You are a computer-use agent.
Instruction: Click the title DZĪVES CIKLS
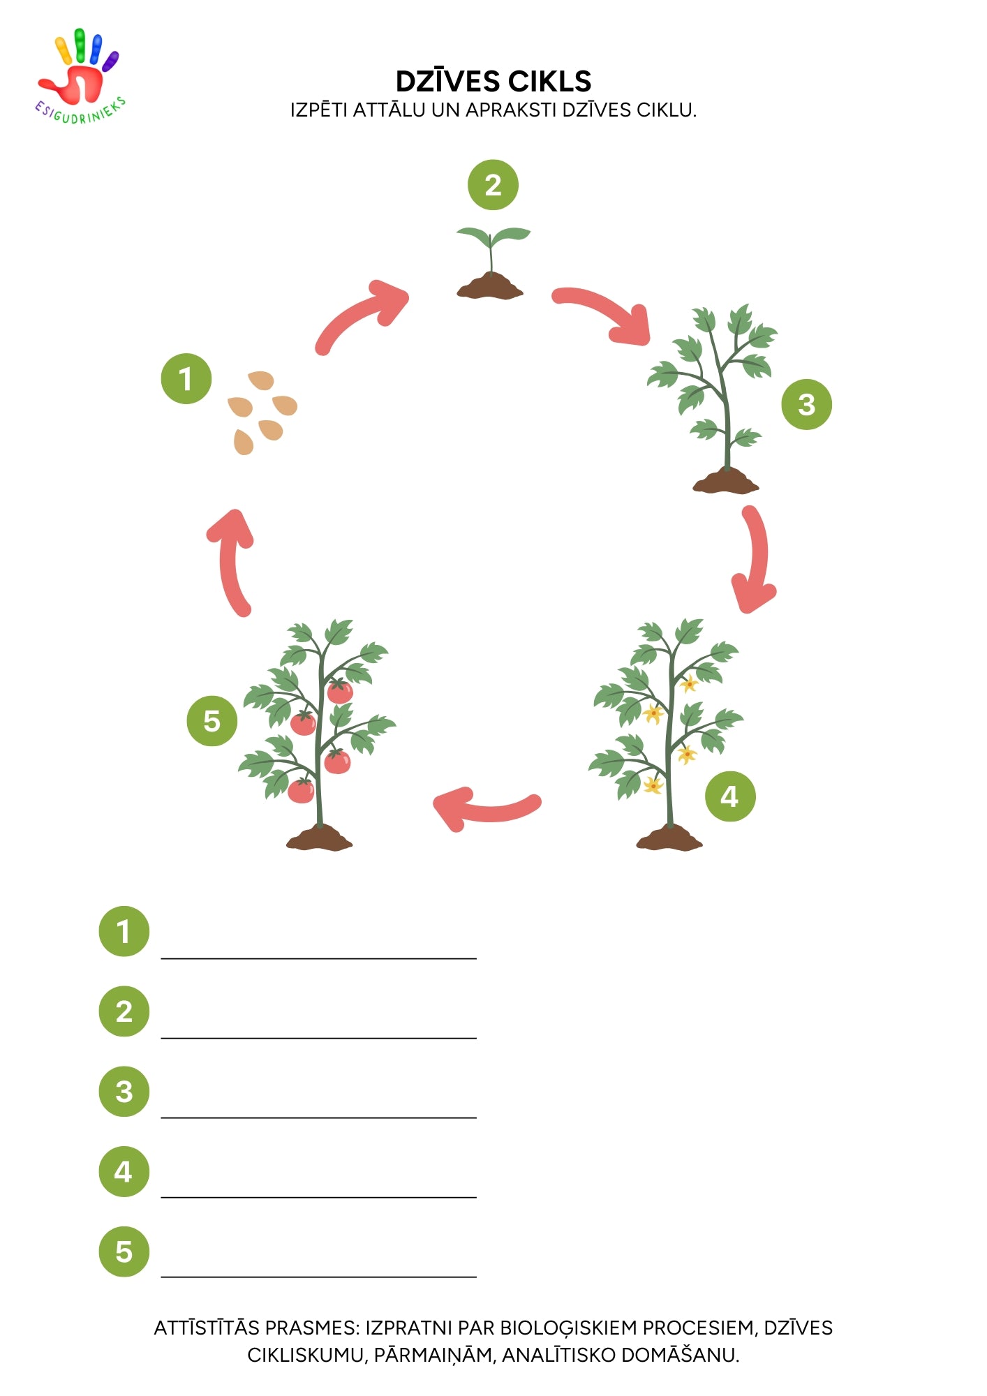pyautogui.click(x=493, y=82)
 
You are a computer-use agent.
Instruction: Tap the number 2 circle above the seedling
pyautogui.click(x=493, y=185)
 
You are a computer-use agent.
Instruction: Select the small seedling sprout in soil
pyautogui.click(x=492, y=262)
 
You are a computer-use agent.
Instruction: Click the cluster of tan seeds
pyautogui.click(x=262, y=413)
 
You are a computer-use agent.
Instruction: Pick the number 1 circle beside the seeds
pyautogui.click(x=186, y=378)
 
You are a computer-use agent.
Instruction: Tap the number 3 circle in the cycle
pyautogui.click(x=806, y=404)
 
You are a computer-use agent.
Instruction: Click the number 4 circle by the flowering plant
pyautogui.click(x=730, y=796)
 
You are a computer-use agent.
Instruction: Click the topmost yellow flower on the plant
pyautogui.click(x=689, y=684)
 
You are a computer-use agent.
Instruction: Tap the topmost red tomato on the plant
pyautogui.click(x=340, y=691)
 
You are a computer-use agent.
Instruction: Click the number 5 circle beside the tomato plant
pyautogui.click(x=212, y=721)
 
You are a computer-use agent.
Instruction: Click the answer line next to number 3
pyautogui.click(x=319, y=1117)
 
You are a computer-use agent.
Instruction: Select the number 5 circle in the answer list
pyautogui.click(x=124, y=1252)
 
